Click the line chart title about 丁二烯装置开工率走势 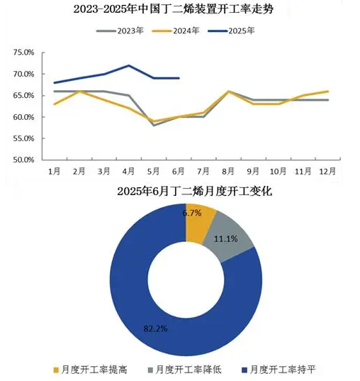[174, 9]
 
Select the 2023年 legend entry [120, 31]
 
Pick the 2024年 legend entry [176, 31]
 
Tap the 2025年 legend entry [231, 31]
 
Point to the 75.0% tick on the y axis [23, 53]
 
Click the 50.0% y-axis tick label [23, 160]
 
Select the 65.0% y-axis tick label [23, 96]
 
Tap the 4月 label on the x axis [128, 172]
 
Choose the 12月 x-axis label [327, 172]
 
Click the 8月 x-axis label [228, 172]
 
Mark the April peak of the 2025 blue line [128, 65]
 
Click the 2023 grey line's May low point [154, 126]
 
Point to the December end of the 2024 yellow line [328, 92]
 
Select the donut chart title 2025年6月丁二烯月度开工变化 [195, 192]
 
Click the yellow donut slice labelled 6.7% [200, 223]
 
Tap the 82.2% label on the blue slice [155, 328]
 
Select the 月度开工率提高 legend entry [90, 370]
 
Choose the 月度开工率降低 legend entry [184, 370]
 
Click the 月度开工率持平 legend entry [279, 370]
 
